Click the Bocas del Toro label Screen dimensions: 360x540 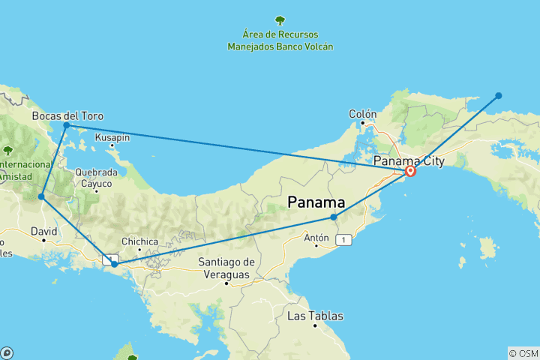(x=67, y=116)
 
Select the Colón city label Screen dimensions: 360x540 (x=361, y=114)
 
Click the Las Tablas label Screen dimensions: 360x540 (x=315, y=316)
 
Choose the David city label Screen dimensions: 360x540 (x=44, y=232)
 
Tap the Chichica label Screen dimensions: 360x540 (x=139, y=241)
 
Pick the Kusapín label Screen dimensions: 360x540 (x=112, y=137)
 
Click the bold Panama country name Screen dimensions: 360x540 (x=317, y=202)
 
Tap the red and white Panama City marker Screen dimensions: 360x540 (x=410, y=172)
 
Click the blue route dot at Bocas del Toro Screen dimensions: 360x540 (x=66, y=125)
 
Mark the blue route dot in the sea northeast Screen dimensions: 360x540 (x=498, y=95)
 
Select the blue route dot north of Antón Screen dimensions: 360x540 (x=334, y=217)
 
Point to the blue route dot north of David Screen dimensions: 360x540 (x=41, y=197)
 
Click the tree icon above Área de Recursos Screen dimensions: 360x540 (x=280, y=20)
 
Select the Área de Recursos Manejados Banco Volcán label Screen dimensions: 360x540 (x=280, y=40)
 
